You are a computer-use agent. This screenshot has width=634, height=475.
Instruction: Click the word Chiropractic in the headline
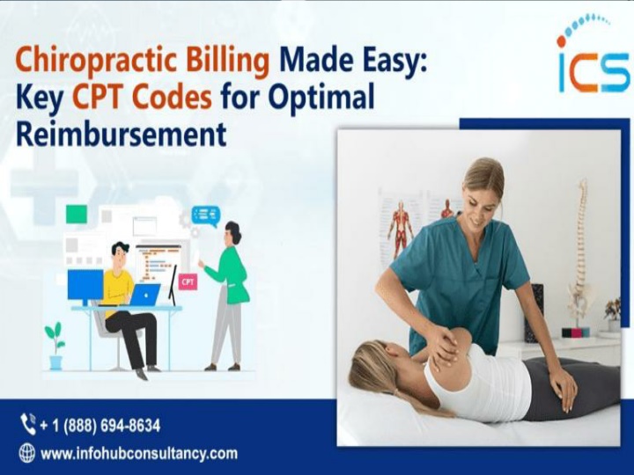coord(96,61)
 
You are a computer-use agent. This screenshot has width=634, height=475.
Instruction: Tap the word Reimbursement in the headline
coord(121,134)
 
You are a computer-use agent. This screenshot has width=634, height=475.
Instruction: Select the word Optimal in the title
coord(322,99)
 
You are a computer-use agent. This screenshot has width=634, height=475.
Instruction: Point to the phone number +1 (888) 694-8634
coord(100,426)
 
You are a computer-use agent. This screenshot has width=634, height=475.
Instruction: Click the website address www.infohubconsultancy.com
coord(139,454)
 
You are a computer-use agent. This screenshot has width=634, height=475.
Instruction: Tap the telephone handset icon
coord(27,424)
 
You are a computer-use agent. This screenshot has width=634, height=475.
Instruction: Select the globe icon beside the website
coord(27,453)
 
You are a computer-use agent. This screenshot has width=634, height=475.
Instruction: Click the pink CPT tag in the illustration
coord(188,282)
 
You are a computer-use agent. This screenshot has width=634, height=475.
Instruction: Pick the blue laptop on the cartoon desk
coord(144,295)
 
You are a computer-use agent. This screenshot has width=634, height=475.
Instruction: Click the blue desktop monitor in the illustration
coord(85,286)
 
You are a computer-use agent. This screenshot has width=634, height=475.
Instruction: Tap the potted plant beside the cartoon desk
coord(55,346)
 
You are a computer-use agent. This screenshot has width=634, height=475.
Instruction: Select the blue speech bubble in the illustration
coord(206,216)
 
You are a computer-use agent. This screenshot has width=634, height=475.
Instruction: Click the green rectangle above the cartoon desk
coord(77,214)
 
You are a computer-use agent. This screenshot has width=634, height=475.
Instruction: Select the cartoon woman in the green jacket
coord(226,296)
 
